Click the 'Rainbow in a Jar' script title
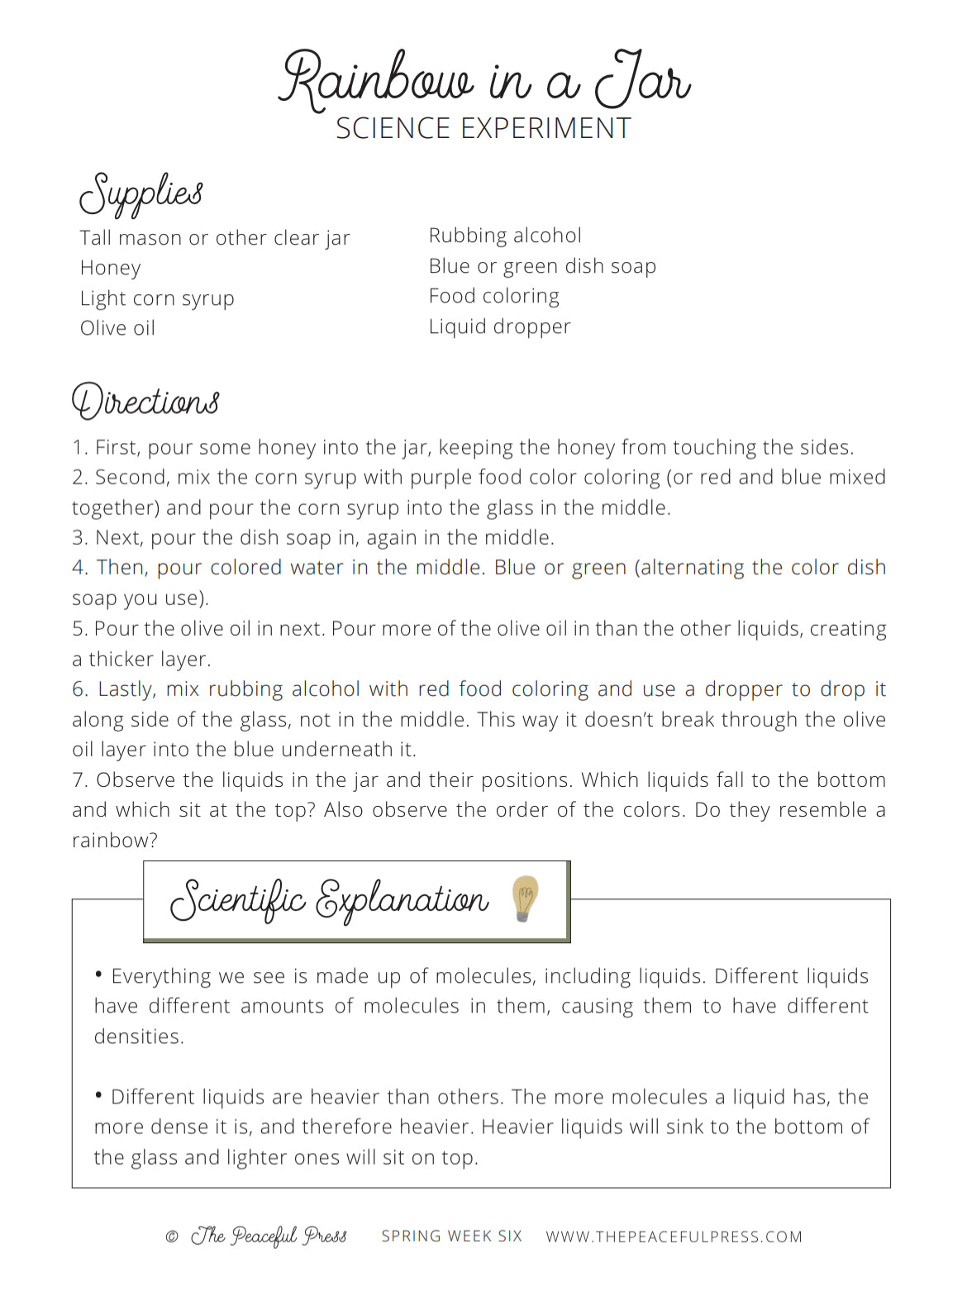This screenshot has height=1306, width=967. pyautogui.click(x=484, y=80)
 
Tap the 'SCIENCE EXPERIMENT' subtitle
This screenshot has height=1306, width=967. pyautogui.click(x=483, y=129)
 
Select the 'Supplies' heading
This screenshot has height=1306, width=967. pyautogui.click(x=141, y=193)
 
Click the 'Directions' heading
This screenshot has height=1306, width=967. pyautogui.click(x=145, y=402)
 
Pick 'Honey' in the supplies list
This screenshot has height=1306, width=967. pyautogui.click(x=111, y=268)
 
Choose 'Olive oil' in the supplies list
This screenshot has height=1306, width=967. pyautogui.click(x=117, y=328)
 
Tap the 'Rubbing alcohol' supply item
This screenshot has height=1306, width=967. pyautogui.click(x=505, y=236)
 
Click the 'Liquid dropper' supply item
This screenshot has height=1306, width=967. pyautogui.click(x=499, y=326)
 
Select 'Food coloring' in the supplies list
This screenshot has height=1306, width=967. pyautogui.click(x=493, y=296)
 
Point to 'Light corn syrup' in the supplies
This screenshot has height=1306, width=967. pyautogui.click(x=157, y=298)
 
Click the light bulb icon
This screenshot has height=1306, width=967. pyautogui.click(x=525, y=898)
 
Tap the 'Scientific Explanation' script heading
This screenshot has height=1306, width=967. pyautogui.click(x=329, y=899)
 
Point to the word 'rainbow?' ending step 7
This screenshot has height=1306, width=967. pyautogui.click(x=115, y=841)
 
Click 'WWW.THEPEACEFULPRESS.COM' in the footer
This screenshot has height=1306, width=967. pyautogui.click(x=674, y=1237)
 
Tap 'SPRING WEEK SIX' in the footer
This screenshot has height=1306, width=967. pyautogui.click(x=451, y=1236)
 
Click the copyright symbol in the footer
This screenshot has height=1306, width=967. pyautogui.click(x=172, y=1237)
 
